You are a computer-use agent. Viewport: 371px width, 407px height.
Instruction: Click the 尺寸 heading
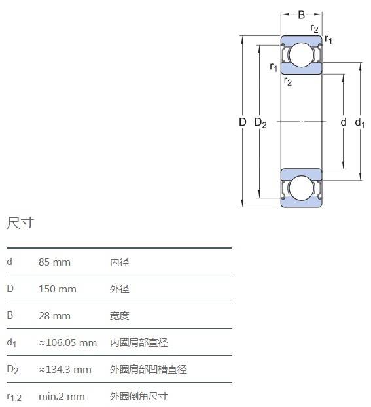pyautogui.click(x=20, y=222)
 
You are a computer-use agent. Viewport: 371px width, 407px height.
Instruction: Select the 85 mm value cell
pyautogui.click(x=54, y=262)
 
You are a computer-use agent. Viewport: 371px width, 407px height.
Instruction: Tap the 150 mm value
pyautogui.click(x=58, y=289)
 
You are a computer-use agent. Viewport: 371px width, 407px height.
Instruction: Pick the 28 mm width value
pyautogui.click(x=54, y=316)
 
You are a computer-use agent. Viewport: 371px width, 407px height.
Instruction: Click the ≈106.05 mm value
pyautogui.click(x=68, y=343)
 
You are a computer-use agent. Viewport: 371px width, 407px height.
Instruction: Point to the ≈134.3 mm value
pyautogui.click(x=65, y=369)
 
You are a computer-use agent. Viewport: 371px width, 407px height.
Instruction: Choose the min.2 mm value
pyautogui.click(x=62, y=397)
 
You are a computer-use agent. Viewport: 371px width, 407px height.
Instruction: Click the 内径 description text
pyautogui.click(x=120, y=262)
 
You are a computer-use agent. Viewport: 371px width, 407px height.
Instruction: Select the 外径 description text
pyautogui.click(x=120, y=289)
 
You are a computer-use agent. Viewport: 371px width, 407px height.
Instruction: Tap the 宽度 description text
pyautogui.click(x=120, y=316)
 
